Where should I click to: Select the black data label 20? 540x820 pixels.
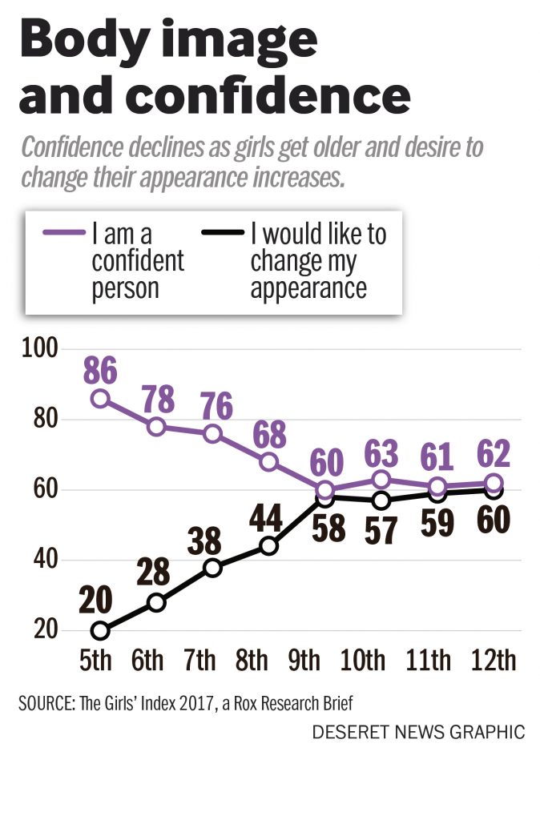[x=96, y=601]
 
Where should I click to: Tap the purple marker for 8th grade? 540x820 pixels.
[x=269, y=462]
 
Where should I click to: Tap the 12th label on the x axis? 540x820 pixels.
[x=493, y=661]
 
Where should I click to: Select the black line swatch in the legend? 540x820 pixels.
[x=222, y=232]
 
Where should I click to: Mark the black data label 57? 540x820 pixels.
[x=382, y=530]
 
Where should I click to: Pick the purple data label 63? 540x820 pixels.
[x=382, y=454]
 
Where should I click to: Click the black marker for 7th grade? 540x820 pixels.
[x=213, y=568]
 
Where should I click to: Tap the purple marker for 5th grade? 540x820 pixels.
[x=100, y=398]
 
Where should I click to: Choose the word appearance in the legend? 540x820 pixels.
[x=308, y=288]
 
